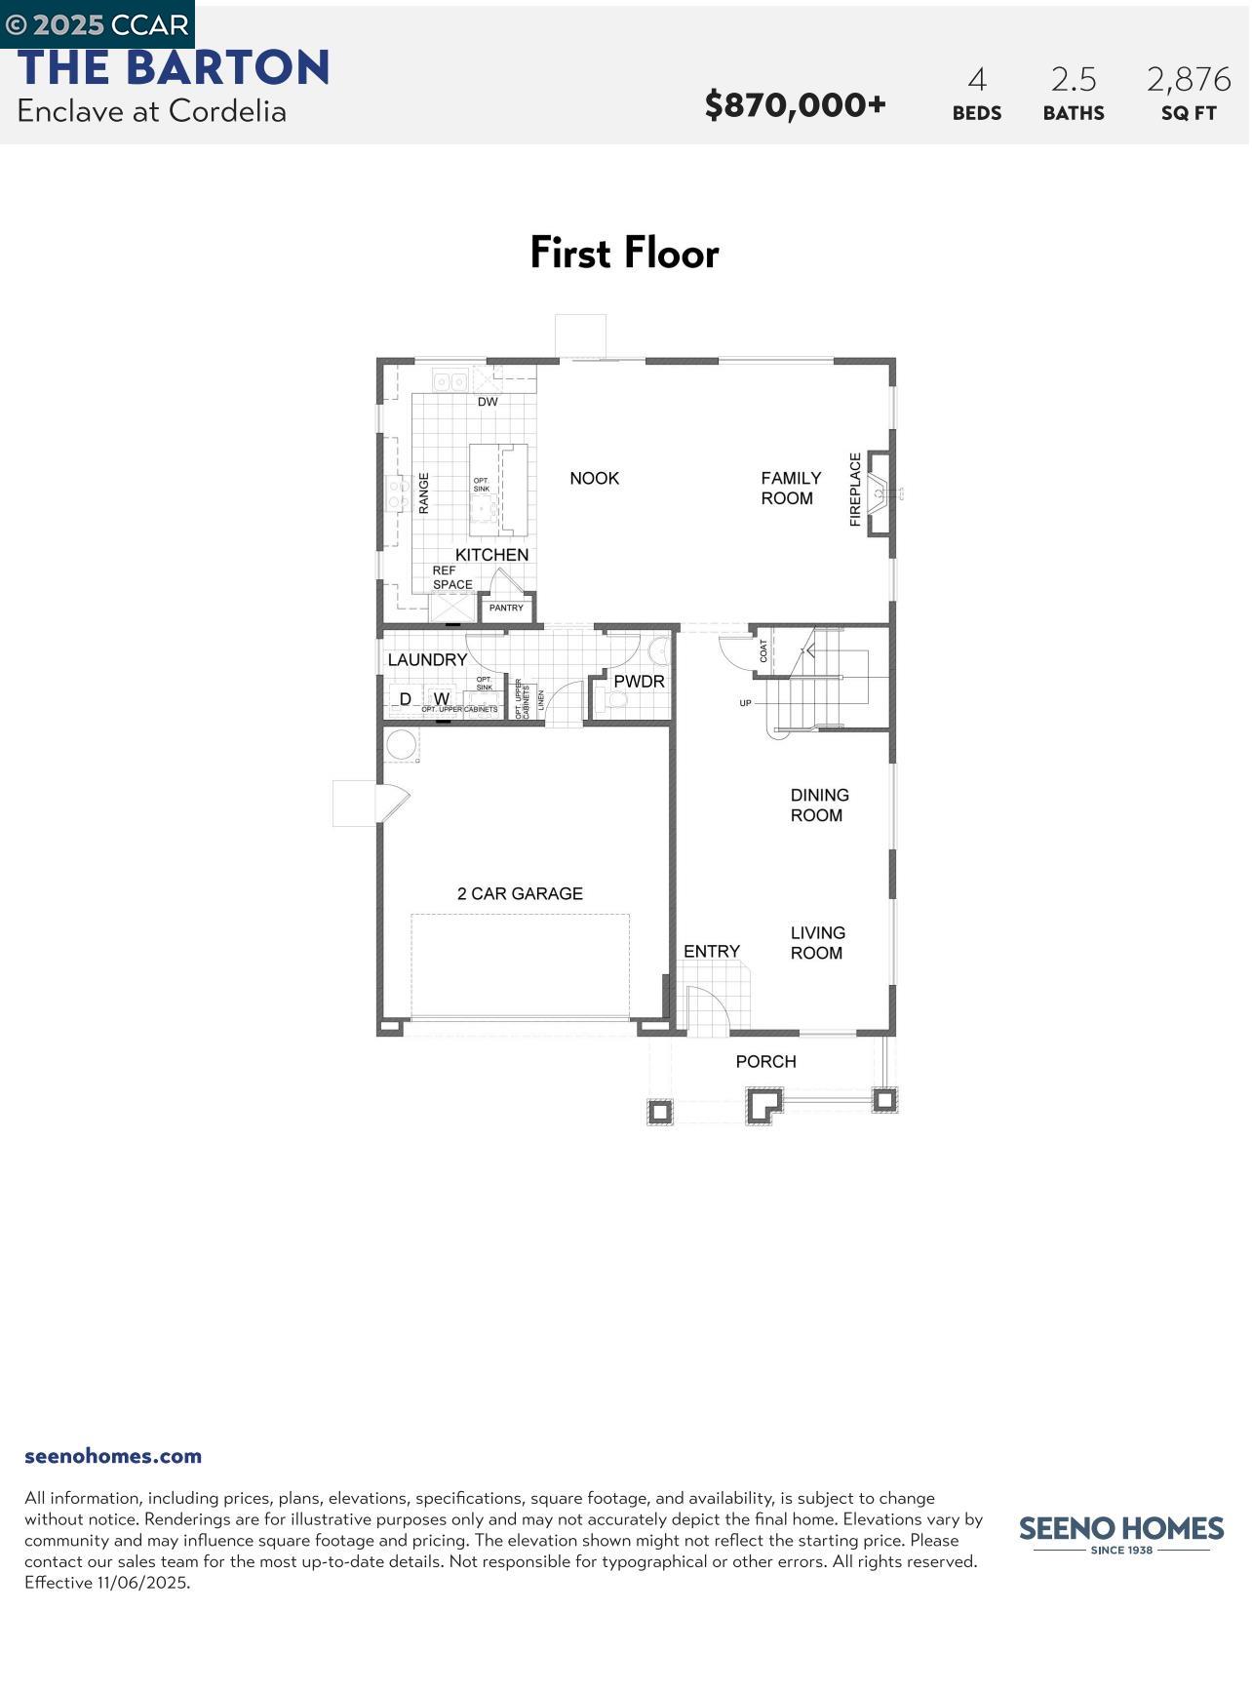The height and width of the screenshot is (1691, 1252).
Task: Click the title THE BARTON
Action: click(x=174, y=68)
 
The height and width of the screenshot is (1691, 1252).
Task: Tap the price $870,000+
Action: click(x=795, y=104)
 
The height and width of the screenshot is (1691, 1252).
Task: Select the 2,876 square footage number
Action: click(x=1188, y=79)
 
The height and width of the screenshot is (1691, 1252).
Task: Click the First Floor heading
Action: click(x=624, y=254)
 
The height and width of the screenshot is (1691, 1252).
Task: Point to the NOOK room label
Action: click(x=594, y=478)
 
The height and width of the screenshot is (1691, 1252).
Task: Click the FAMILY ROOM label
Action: click(x=791, y=488)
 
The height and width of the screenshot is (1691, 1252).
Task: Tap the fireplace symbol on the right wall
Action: click(x=880, y=492)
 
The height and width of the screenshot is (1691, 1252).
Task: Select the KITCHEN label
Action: click(x=491, y=555)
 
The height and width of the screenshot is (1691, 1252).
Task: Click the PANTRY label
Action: click(x=506, y=608)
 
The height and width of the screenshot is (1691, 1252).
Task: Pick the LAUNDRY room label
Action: click(x=427, y=660)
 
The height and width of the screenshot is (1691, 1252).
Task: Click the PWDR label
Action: click(x=639, y=682)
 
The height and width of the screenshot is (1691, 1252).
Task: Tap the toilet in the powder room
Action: click(x=614, y=698)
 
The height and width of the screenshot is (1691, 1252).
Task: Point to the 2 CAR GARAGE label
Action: click(x=520, y=893)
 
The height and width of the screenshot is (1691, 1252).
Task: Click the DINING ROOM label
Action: click(x=819, y=806)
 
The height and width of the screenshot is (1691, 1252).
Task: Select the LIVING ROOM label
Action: click(x=817, y=943)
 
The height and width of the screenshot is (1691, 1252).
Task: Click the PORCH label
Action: click(x=765, y=1061)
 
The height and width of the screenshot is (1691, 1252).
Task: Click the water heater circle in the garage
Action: click(x=401, y=745)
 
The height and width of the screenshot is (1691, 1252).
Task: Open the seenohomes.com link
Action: click(x=113, y=1456)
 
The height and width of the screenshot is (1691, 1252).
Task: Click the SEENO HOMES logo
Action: click(x=1120, y=1531)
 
